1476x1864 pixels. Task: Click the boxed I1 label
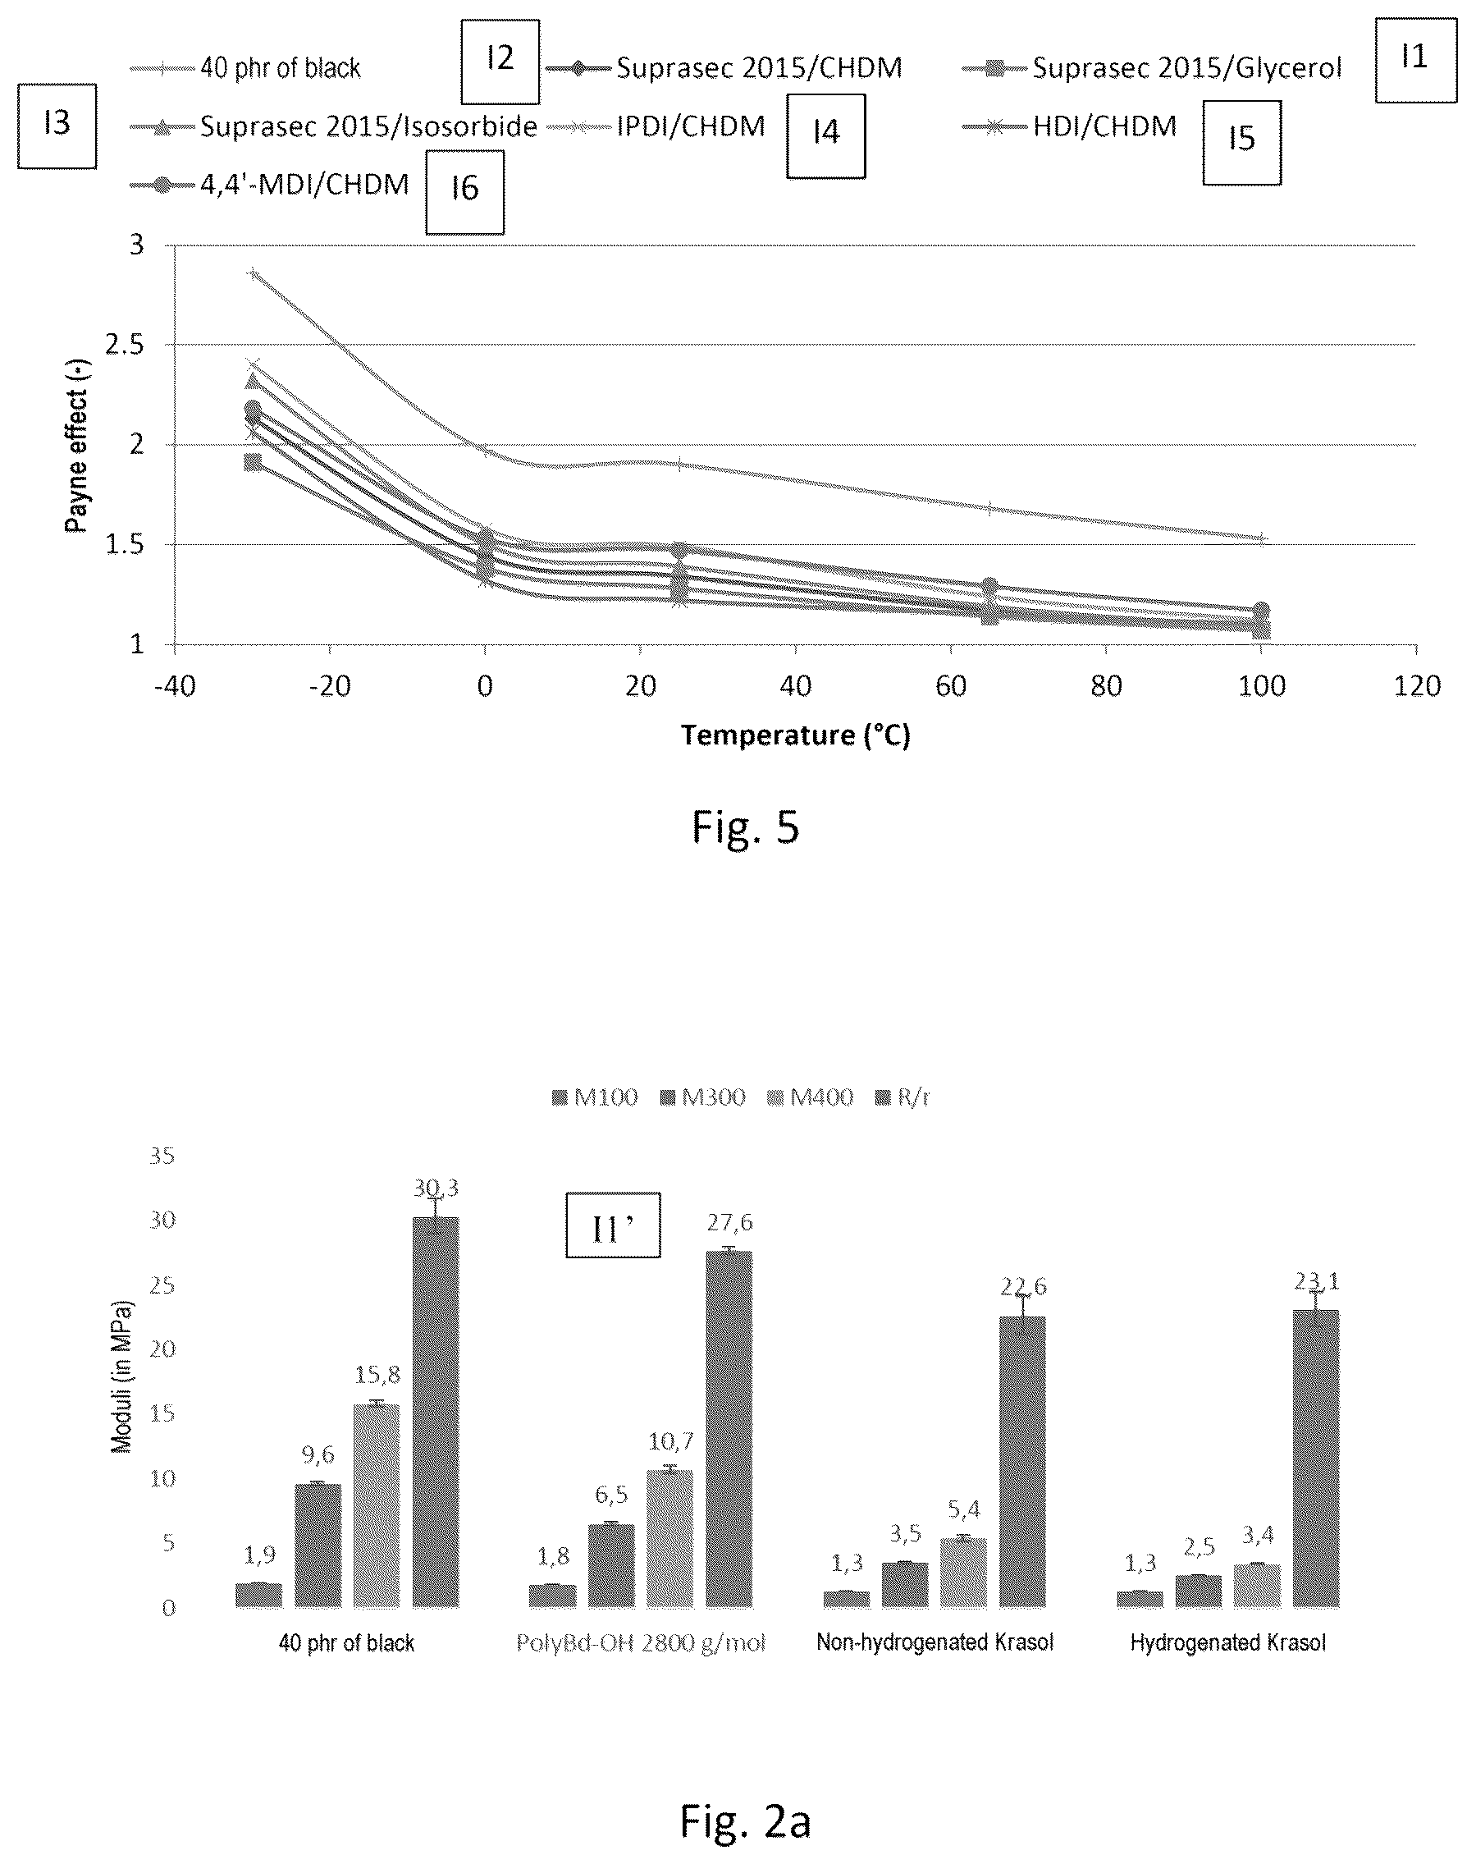(x=1415, y=61)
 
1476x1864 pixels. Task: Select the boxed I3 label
(x=57, y=126)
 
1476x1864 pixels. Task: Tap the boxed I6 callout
(x=465, y=192)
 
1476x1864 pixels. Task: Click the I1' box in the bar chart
(x=613, y=1225)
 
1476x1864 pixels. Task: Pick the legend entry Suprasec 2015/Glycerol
(x=1153, y=68)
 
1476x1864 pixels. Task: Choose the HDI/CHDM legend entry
(x=1070, y=127)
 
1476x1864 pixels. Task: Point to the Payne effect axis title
(x=78, y=445)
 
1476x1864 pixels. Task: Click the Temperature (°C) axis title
(x=795, y=735)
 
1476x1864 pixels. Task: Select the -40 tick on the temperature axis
(x=175, y=686)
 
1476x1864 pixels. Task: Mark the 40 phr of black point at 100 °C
(x=1261, y=538)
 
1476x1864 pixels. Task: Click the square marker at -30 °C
(x=253, y=463)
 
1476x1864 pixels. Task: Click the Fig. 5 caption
(x=746, y=827)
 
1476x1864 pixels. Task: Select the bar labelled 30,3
(x=436, y=1412)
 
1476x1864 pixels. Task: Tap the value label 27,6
(x=729, y=1222)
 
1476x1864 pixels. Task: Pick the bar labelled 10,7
(x=669, y=1539)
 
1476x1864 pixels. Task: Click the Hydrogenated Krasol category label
(x=1227, y=1642)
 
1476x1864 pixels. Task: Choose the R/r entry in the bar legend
(x=903, y=1097)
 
